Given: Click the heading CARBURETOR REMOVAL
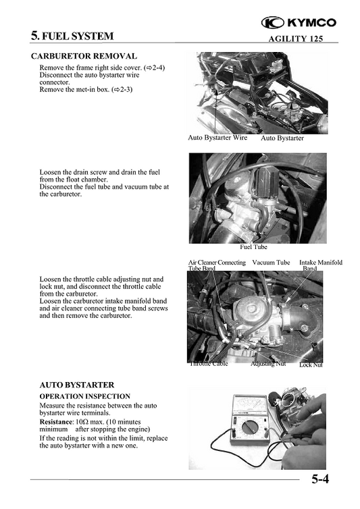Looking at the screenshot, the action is coord(84,56).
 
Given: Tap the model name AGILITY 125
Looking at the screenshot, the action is coord(295,38).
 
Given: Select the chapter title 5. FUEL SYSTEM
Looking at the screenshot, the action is coord(72,36).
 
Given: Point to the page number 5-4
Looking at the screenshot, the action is coord(320,481).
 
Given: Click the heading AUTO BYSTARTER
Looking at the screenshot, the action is coord(76,385).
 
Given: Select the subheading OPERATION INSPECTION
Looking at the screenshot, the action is coord(85,396).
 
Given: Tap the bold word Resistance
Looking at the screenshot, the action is coord(55,421).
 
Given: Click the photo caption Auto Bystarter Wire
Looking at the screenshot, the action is coord(217,138).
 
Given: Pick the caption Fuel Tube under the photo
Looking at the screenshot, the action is coord(253,247).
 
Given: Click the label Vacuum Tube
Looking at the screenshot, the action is coord(271,262).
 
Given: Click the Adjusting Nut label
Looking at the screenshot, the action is coord(267,363).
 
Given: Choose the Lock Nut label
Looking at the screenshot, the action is coord(311,365).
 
